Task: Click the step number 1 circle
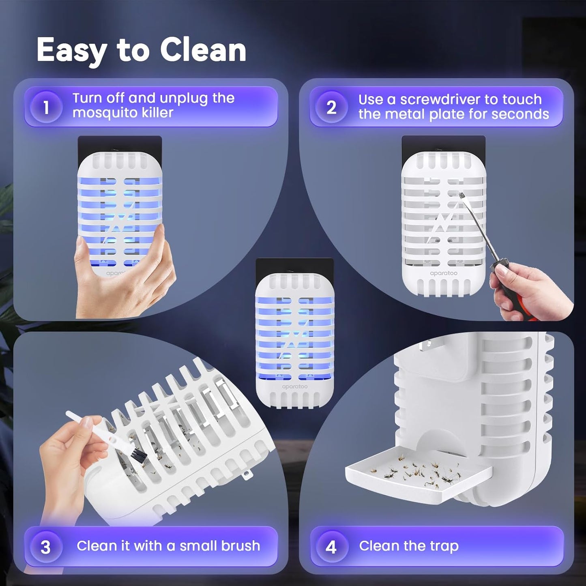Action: click(x=46, y=107)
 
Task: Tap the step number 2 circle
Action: click(x=331, y=107)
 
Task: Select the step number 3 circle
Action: click(x=45, y=547)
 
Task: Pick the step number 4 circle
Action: click(x=331, y=547)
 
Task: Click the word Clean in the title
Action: click(x=203, y=50)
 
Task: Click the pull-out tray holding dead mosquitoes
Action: click(x=418, y=474)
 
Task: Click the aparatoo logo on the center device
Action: click(x=295, y=386)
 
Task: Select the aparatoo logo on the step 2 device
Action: click(x=443, y=273)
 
